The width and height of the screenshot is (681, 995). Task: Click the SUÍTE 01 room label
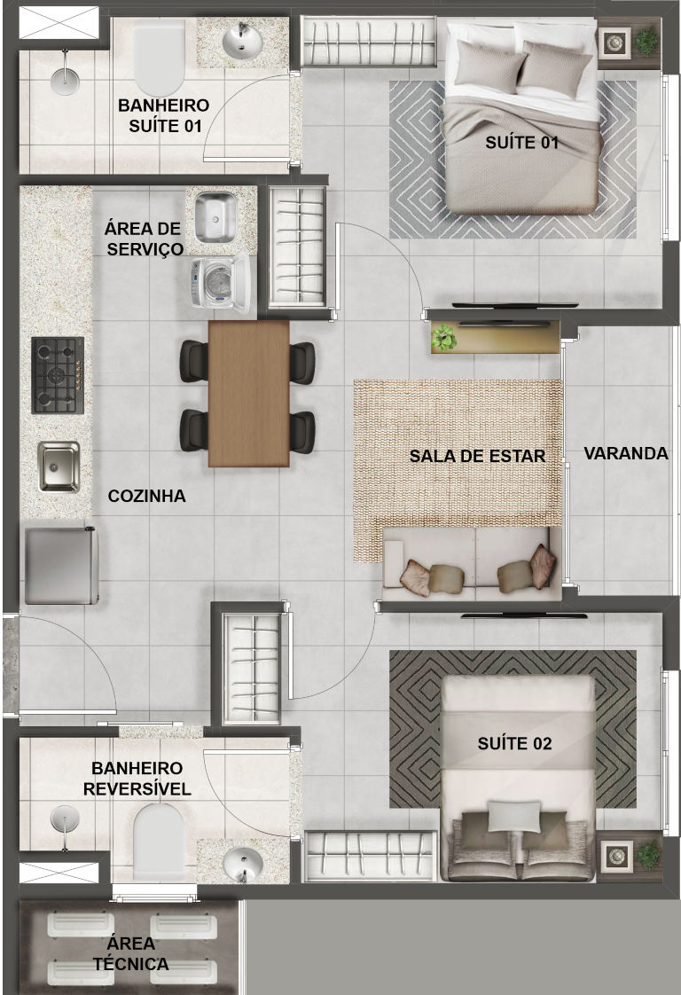(x=521, y=143)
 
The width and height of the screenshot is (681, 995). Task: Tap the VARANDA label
(x=626, y=454)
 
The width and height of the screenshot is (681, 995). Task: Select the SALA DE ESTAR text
(x=477, y=456)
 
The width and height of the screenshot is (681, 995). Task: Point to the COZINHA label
(x=146, y=497)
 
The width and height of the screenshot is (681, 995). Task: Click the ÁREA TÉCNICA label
(x=130, y=953)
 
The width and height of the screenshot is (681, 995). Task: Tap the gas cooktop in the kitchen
(x=58, y=375)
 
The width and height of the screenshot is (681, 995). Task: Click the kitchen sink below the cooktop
(x=59, y=467)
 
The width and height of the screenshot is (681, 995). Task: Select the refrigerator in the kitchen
(x=61, y=566)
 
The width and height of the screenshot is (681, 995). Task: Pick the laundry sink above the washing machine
(x=215, y=217)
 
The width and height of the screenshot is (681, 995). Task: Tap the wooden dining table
(x=249, y=394)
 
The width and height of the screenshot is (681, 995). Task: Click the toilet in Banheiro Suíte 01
(x=159, y=57)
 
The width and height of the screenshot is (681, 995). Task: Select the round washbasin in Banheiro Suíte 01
(x=242, y=42)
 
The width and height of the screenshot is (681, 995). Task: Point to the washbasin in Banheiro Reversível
(x=242, y=863)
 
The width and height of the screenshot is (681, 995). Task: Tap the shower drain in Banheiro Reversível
(x=65, y=820)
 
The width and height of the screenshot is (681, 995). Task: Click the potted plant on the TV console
(x=443, y=338)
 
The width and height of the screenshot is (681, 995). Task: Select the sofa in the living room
(x=473, y=563)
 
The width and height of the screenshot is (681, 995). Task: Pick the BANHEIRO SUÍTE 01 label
(x=164, y=115)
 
